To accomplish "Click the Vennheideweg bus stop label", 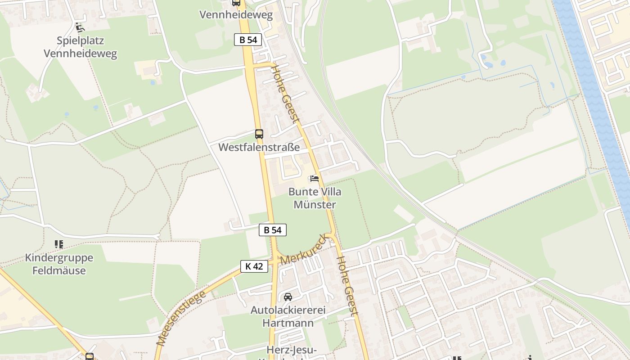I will [236, 15].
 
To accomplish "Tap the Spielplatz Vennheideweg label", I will [80, 47].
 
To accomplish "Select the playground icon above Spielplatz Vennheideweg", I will [80, 27].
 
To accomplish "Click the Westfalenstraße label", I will [259, 147].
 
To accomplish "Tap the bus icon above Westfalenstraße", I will [259, 134].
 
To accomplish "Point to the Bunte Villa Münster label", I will [315, 198].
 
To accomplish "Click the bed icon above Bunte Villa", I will [315, 179].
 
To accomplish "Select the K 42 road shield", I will [254, 266].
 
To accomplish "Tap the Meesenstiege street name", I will [181, 318].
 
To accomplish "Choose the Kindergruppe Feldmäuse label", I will [59, 264].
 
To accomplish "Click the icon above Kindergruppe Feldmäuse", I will [59, 244].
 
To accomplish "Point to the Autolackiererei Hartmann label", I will [288, 316].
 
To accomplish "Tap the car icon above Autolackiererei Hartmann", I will [288, 297].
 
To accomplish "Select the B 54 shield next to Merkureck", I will [273, 230].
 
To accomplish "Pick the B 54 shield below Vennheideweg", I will [248, 40].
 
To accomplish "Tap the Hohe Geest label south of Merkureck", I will [347, 286].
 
